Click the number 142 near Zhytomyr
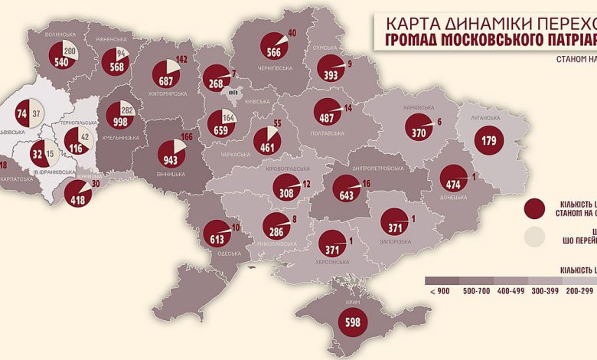pyautogui.click(x=181, y=58)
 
